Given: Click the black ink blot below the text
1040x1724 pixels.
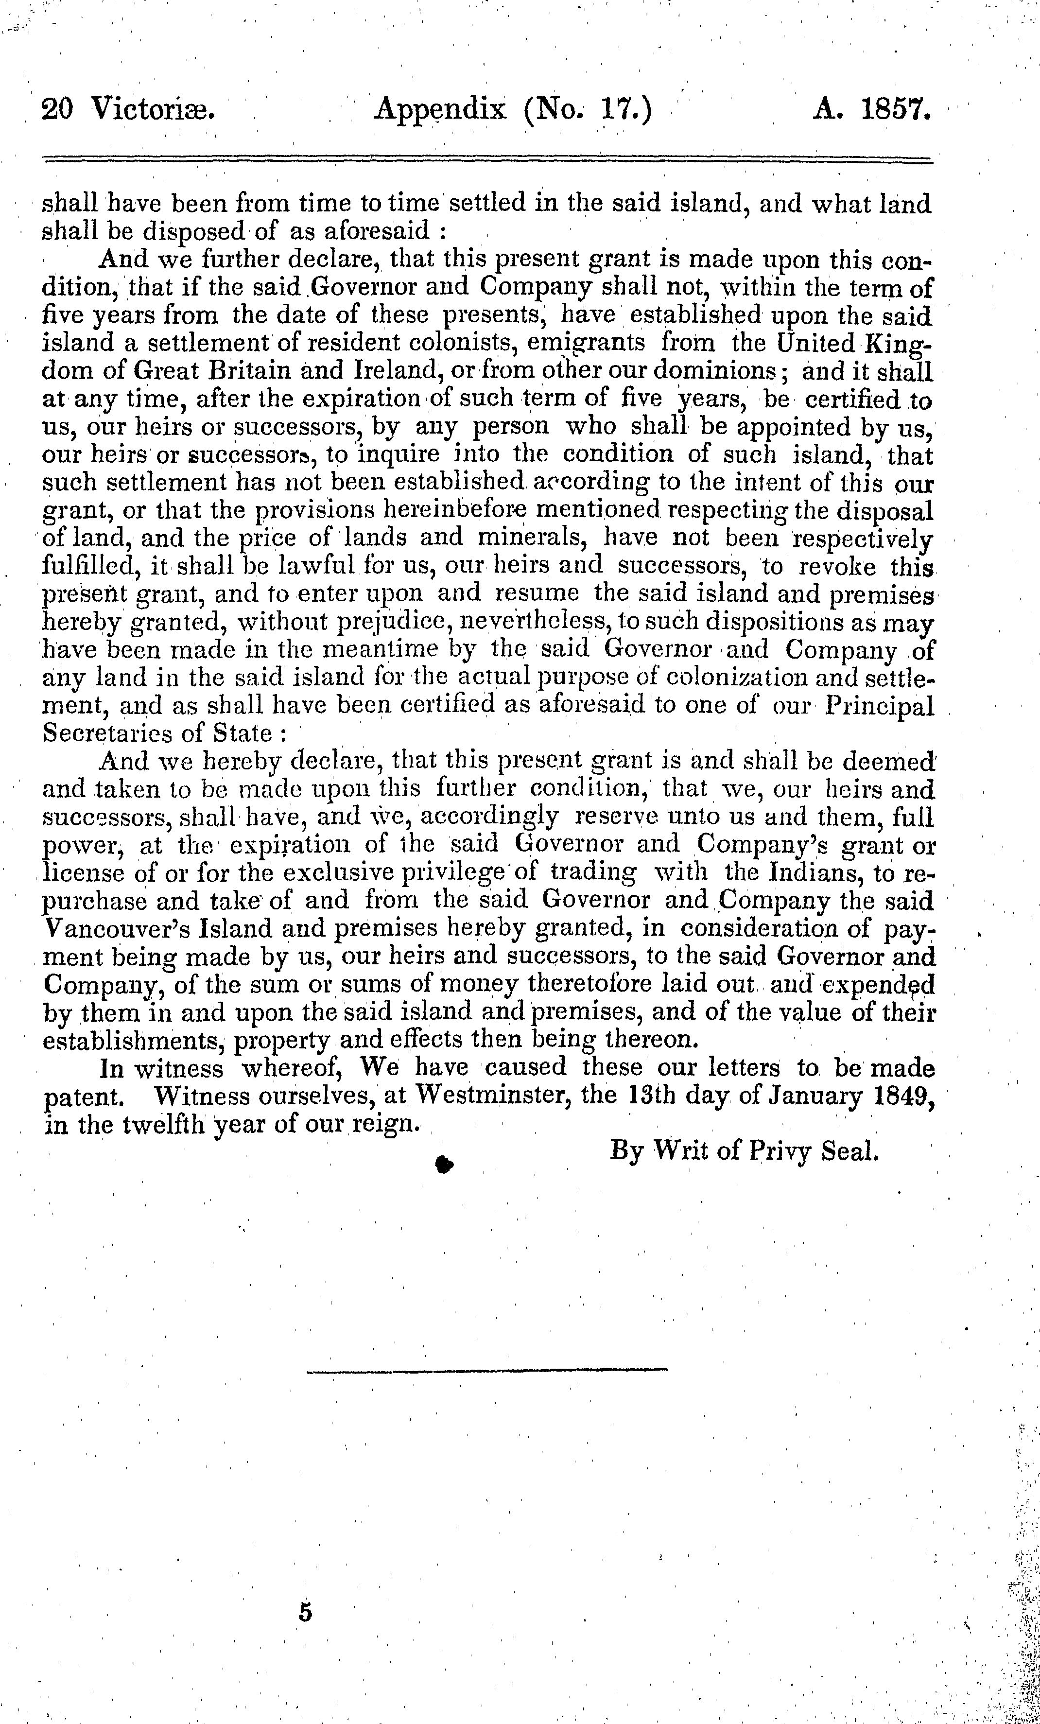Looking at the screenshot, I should pyautogui.click(x=443, y=1164).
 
